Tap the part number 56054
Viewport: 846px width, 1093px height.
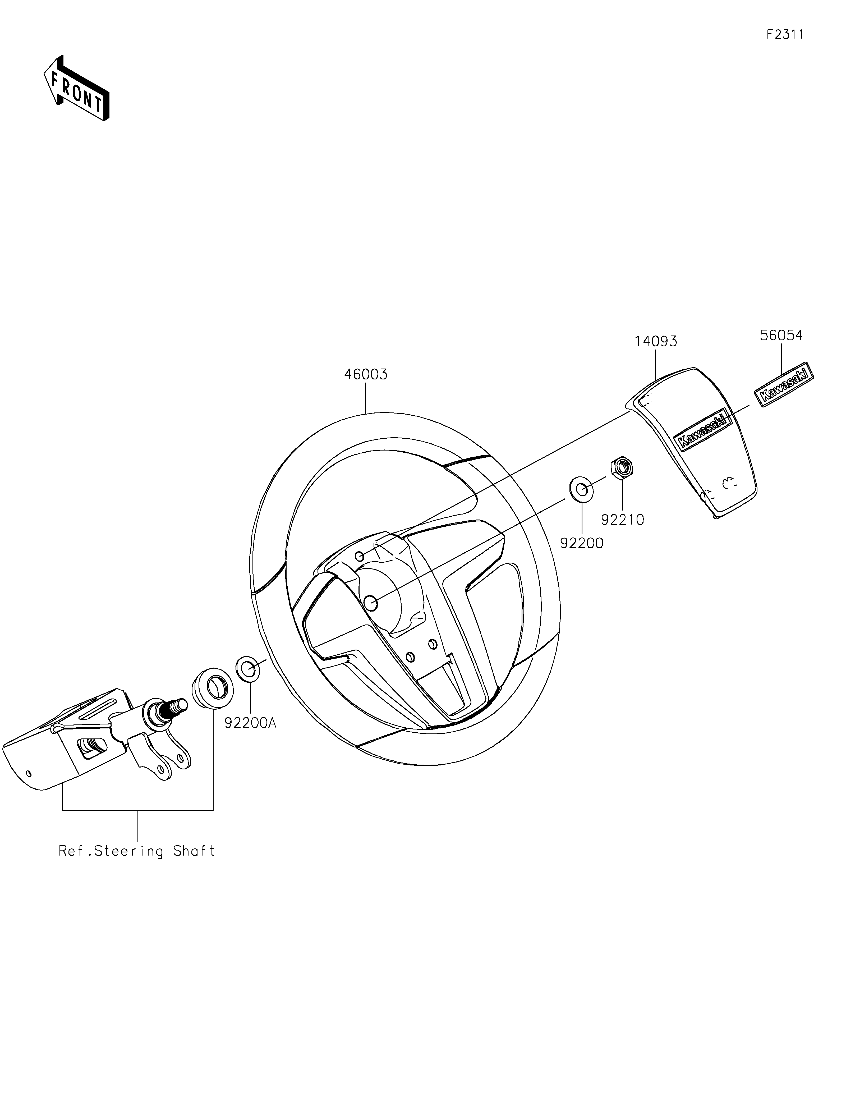point(781,335)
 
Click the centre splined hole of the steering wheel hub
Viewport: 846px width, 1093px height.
point(370,603)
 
